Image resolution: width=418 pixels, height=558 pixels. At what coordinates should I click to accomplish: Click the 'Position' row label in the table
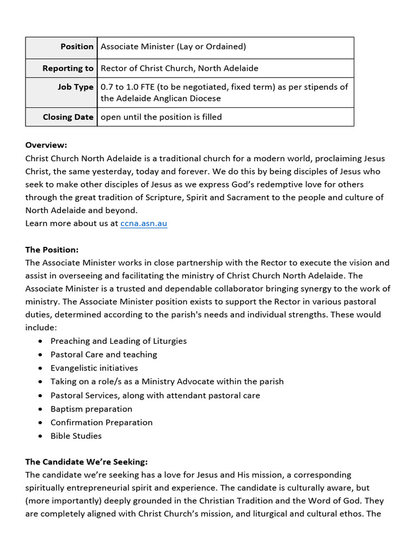coord(77,47)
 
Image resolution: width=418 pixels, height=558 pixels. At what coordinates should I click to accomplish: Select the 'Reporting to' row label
coord(68,68)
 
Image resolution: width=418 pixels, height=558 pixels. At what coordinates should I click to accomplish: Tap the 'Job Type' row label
coord(76,87)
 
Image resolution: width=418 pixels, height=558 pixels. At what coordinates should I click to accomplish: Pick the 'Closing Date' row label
coord(68,117)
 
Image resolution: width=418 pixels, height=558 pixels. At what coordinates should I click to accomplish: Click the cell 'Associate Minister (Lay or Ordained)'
coord(173,47)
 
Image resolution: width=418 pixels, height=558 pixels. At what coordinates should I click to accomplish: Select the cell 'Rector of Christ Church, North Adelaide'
coord(179,68)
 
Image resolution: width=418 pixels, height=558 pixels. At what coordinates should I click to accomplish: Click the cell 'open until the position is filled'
coord(161,117)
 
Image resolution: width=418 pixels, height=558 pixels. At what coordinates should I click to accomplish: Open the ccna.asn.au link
coord(144,223)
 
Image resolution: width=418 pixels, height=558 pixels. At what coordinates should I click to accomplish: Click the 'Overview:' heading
coord(46,145)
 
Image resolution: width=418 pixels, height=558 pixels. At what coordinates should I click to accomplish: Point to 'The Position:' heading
coord(52,250)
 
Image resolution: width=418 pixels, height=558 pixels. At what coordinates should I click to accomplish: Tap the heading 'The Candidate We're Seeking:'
coord(87,462)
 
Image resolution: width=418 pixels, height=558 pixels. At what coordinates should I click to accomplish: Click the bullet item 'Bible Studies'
coord(76,436)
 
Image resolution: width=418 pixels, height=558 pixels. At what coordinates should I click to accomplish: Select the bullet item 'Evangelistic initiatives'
coord(94,368)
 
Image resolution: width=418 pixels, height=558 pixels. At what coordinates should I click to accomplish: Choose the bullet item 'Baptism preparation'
coord(91,409)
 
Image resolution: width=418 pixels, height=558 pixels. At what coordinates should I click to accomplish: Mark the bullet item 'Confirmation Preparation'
coord(101,422)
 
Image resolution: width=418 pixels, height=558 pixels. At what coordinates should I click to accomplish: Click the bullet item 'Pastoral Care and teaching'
coord(104,354)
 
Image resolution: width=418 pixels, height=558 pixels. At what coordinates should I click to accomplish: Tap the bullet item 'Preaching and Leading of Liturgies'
coord(119,341)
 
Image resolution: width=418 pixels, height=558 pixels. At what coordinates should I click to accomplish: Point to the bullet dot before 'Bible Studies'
coord(41,436)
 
